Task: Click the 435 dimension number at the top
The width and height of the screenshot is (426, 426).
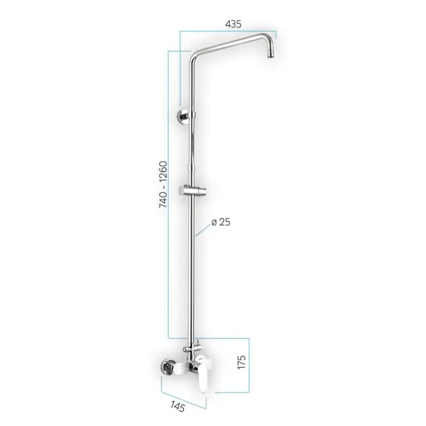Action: click(233, 25)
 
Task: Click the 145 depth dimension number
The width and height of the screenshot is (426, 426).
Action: click(177, 408)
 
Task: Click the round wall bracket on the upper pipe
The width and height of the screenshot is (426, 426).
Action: click(181, 115)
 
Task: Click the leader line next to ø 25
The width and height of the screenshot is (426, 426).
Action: click(205, 230)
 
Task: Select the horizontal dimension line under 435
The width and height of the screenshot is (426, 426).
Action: click(229, 33)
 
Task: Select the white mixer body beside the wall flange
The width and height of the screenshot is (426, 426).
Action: click(186, 366)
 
